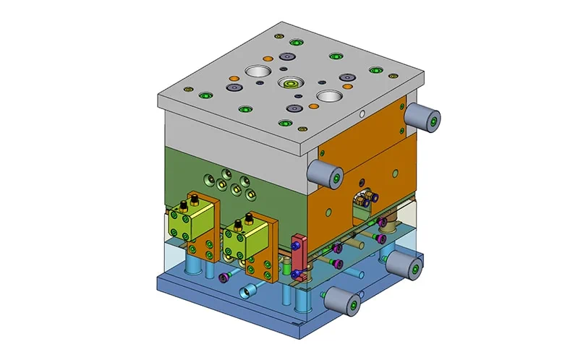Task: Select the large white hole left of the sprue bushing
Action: coord(257,72)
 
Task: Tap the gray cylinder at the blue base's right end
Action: coord(403,265)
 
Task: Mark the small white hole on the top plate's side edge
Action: coord(362,113)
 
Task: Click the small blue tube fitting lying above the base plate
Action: coord(250,291)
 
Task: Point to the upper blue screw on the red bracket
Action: coord(294,248)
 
